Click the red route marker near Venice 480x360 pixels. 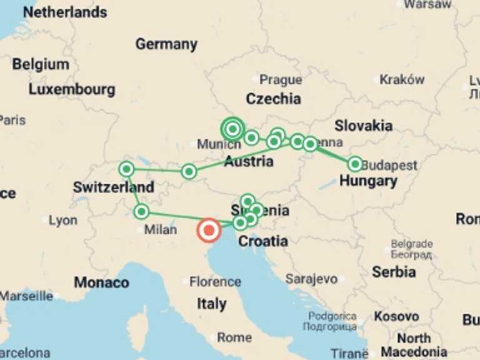(209, 230)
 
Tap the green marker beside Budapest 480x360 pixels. (355, 164)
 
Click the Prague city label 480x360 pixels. (281, 80)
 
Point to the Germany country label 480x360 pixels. (166, 44)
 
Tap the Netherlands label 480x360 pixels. (65, 12)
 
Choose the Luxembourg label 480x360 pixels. (72, 89)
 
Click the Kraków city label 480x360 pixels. (402, 80)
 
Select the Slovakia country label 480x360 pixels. (363, 125)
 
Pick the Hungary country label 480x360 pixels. (368, 181)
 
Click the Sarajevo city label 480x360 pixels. (311, 279)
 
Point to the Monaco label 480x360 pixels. (101, 282)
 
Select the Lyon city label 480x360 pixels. (63, 221)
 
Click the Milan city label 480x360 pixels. (161, 230)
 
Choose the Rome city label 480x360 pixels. (234, 337)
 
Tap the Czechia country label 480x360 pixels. (273, 99)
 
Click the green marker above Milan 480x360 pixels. (142, 211)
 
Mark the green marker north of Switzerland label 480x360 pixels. (127, 169)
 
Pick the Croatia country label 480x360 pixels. (264, 241)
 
